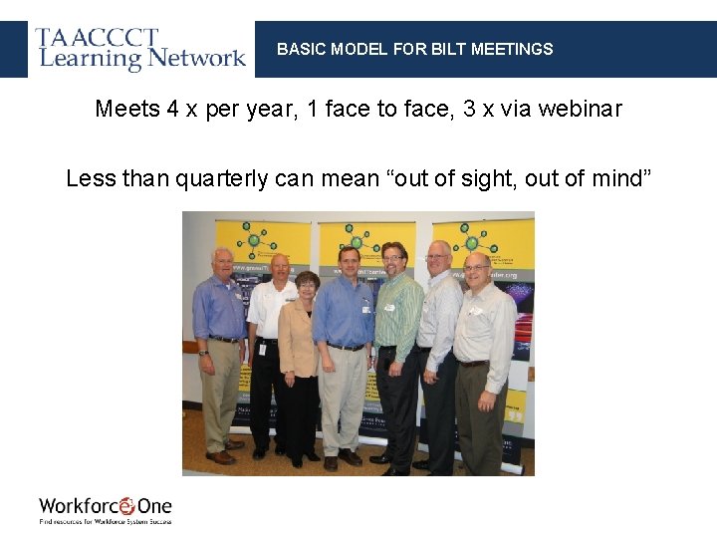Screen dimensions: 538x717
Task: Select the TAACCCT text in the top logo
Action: coord(97,38)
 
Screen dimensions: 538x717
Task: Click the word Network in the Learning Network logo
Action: coord(197,58)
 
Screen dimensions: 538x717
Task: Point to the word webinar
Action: coord(580,109)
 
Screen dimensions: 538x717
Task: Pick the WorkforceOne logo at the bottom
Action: coord(106,508)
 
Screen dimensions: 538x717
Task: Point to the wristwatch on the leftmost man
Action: coord(203,352)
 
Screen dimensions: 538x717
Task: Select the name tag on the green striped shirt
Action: coord(389,307)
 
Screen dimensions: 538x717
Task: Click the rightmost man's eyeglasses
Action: coord(477,267)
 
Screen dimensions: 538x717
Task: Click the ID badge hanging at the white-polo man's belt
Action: coord(262,350)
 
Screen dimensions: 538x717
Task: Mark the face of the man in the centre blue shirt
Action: coord(349,263)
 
